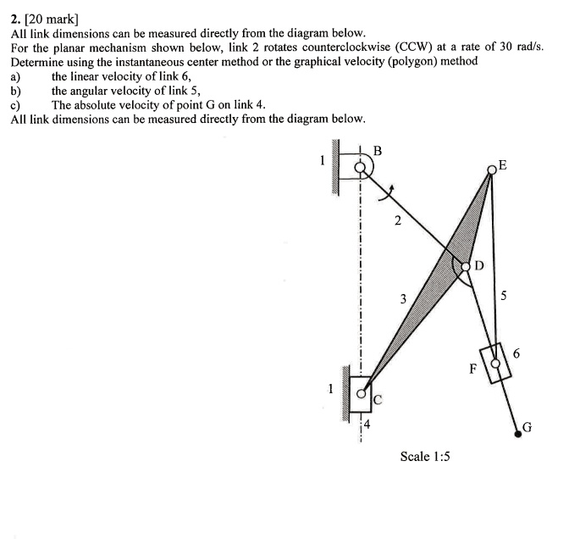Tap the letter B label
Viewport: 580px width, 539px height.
(x=378, y=152)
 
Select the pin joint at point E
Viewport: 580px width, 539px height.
(x=492, y=170)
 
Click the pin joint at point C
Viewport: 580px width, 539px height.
(x=361, y=393)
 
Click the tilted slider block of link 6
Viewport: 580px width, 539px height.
(x=496, y=363)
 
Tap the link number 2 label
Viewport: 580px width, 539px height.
(x=397, y=222)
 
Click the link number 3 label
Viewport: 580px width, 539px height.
(x=403, y=298)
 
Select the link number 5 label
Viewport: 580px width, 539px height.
(x=505, y=297)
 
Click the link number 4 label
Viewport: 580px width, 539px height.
(x=367, y=426)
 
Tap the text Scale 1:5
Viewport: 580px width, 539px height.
(x=424, y=457)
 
